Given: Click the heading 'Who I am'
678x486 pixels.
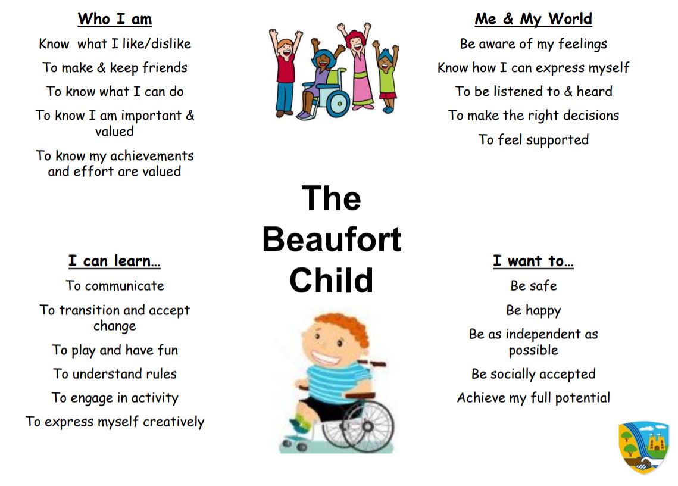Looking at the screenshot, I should click(x=114, y=19).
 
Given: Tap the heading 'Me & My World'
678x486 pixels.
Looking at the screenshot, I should click(x=533, y=19).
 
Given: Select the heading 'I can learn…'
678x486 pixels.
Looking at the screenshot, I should click(x=114, y=261).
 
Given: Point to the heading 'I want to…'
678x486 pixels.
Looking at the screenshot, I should click(x=533, y=261).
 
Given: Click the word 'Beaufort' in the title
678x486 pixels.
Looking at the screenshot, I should click(x=332, y=239).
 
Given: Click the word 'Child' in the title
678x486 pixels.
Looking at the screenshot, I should click(x=332, y=280).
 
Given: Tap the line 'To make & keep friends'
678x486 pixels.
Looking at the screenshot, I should click(x=115, y=67).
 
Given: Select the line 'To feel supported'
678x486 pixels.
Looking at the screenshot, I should click(x=533, y=139).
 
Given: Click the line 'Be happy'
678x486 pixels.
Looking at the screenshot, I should click(x=533, y=310).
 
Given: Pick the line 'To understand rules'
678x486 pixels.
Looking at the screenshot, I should click(x=115, y=374).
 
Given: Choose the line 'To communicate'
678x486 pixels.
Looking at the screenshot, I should click(x=115, y=285).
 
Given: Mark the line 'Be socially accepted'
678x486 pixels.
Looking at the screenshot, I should click(x=533, y=374).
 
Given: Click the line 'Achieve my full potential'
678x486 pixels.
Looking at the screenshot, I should click(x=533, y=398).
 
